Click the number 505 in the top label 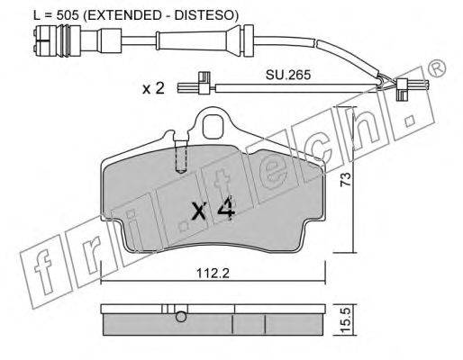point(68,14)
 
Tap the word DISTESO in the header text point(204,14)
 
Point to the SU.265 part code point(287,75)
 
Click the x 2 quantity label point(153,88)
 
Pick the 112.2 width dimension point(213,274)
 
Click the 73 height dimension point(345,179)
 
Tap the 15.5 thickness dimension point(346,320)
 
